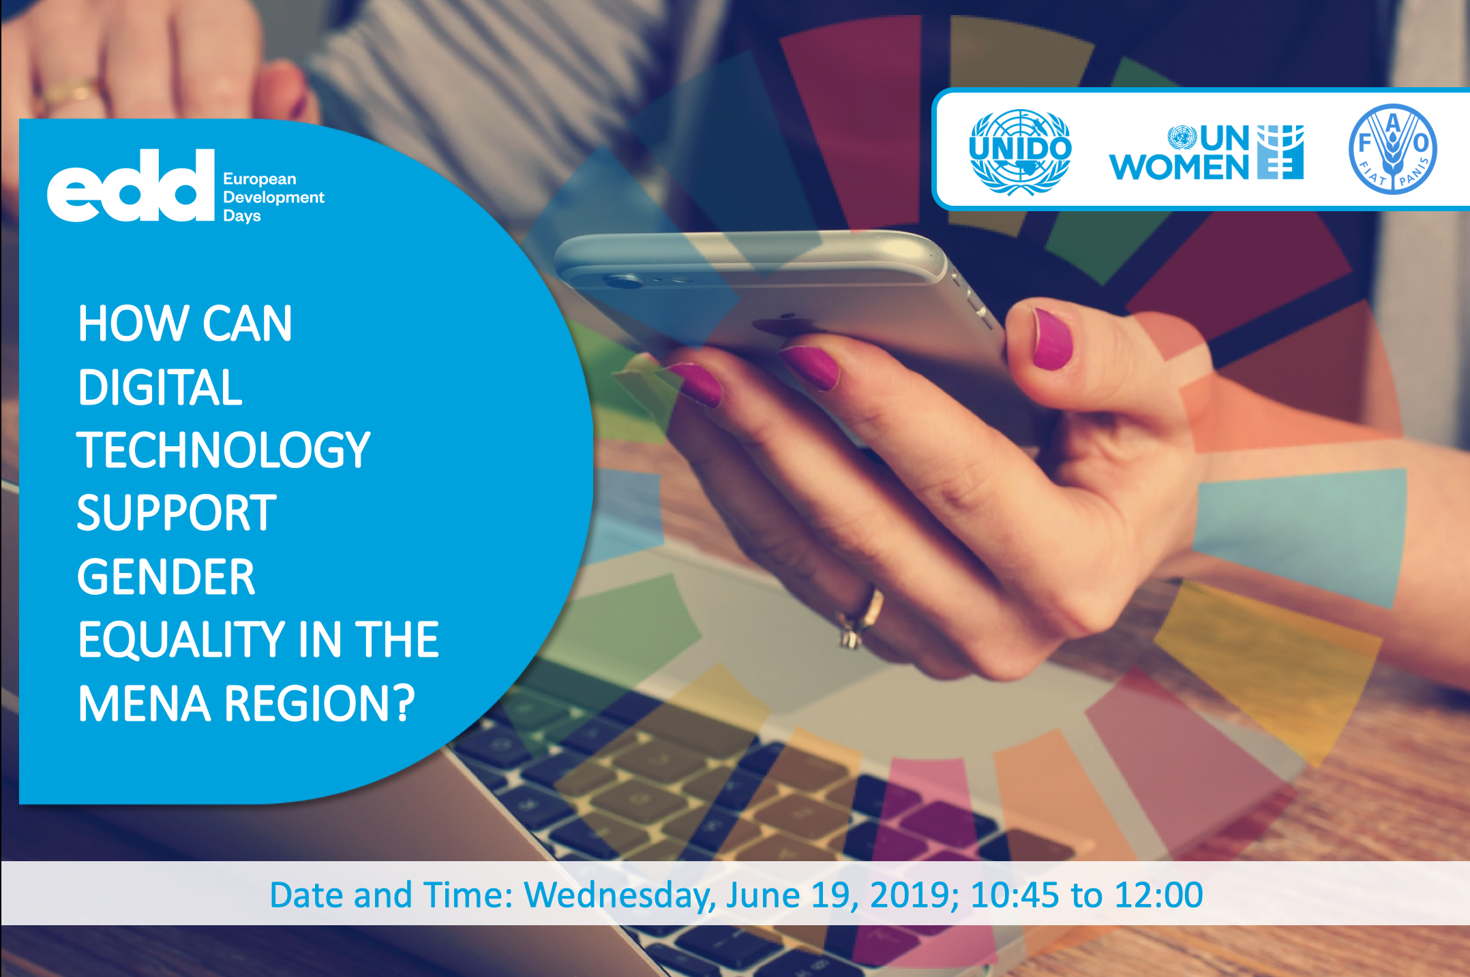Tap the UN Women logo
(x=1206, y=152)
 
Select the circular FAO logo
(x=1393, y=149)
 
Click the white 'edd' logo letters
(x=131, y=185)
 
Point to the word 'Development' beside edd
(x=273, y=198)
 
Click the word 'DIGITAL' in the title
(x=160, y=387)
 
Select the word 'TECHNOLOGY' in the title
(x=224, y=450)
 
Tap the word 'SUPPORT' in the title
(x=177, y=513)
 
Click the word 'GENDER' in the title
(x=166, y=576)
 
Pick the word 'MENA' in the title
(x=145, y=703)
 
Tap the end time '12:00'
(x=1158, y=895)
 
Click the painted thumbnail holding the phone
(x=1053, y=339)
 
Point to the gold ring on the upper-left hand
(x=68, y=95)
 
